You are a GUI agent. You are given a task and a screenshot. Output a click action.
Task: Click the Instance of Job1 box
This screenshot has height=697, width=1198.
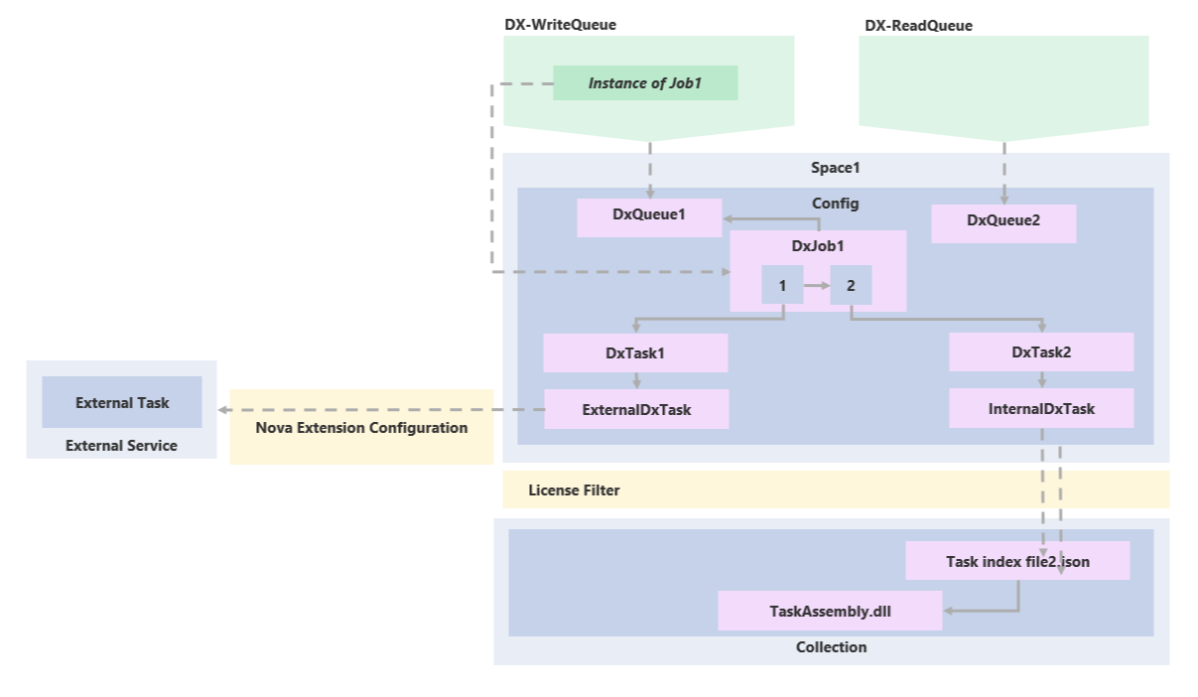click(x=645, y=83)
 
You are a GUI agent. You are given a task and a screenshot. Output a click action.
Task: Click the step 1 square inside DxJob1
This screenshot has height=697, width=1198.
click(x=782, y=285)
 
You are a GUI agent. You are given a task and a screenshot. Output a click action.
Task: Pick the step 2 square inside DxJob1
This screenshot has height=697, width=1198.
click(x=851, y=285)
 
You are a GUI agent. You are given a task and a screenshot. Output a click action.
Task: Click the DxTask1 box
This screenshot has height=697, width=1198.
click(x=635, y=352)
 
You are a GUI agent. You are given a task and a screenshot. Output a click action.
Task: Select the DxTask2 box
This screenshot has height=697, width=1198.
click(x=1041, y=352)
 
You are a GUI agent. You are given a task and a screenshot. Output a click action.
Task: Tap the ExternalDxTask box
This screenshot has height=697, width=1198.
click(x=636, y=409)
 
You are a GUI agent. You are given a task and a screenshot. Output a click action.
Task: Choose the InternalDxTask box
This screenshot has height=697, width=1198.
click(x=1041, y=409)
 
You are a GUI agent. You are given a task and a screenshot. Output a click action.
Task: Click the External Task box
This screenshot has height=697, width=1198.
click(x=122, y=402)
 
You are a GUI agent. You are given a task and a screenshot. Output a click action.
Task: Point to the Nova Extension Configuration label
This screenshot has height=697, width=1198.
click(x=361, y=428)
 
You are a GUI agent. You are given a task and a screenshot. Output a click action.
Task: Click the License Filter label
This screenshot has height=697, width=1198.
click(x=574, y=490)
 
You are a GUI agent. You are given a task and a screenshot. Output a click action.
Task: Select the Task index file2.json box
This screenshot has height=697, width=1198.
click(x=1017, y=561)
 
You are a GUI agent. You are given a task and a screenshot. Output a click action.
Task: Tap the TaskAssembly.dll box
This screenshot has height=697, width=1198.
click(x=830, y=611)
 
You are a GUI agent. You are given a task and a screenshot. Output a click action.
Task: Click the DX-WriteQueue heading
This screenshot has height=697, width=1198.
click(x=560, y=25)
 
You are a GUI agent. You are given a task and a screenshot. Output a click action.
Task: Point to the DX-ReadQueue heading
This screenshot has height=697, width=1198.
click(x=918, y=25)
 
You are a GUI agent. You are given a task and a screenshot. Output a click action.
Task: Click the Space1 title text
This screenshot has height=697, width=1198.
click(x=835, y=168)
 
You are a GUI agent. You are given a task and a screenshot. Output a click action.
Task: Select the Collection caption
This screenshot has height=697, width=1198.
click(x=831, y=647)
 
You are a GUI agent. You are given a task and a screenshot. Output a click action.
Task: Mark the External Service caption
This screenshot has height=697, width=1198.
click(x=121, y=446)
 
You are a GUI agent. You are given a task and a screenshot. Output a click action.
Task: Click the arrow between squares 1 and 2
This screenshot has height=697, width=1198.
click(x=817, y=285)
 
